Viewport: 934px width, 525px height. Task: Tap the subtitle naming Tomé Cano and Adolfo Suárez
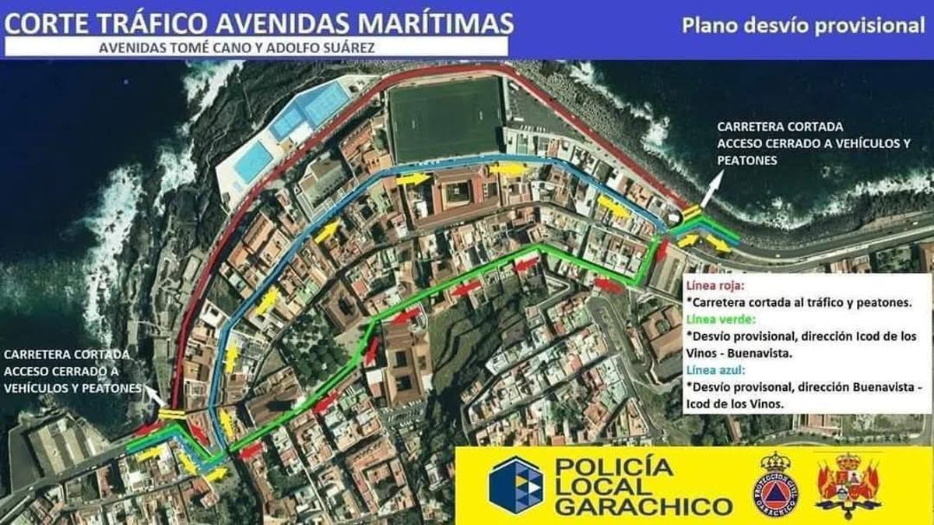[237, 47]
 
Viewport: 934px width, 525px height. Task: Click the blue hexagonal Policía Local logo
[516, 484]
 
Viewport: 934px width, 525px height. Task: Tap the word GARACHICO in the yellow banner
[644, 507]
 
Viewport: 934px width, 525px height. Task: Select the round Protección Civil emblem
[774, 484]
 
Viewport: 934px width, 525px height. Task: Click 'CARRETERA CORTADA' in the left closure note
[67, 354]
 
